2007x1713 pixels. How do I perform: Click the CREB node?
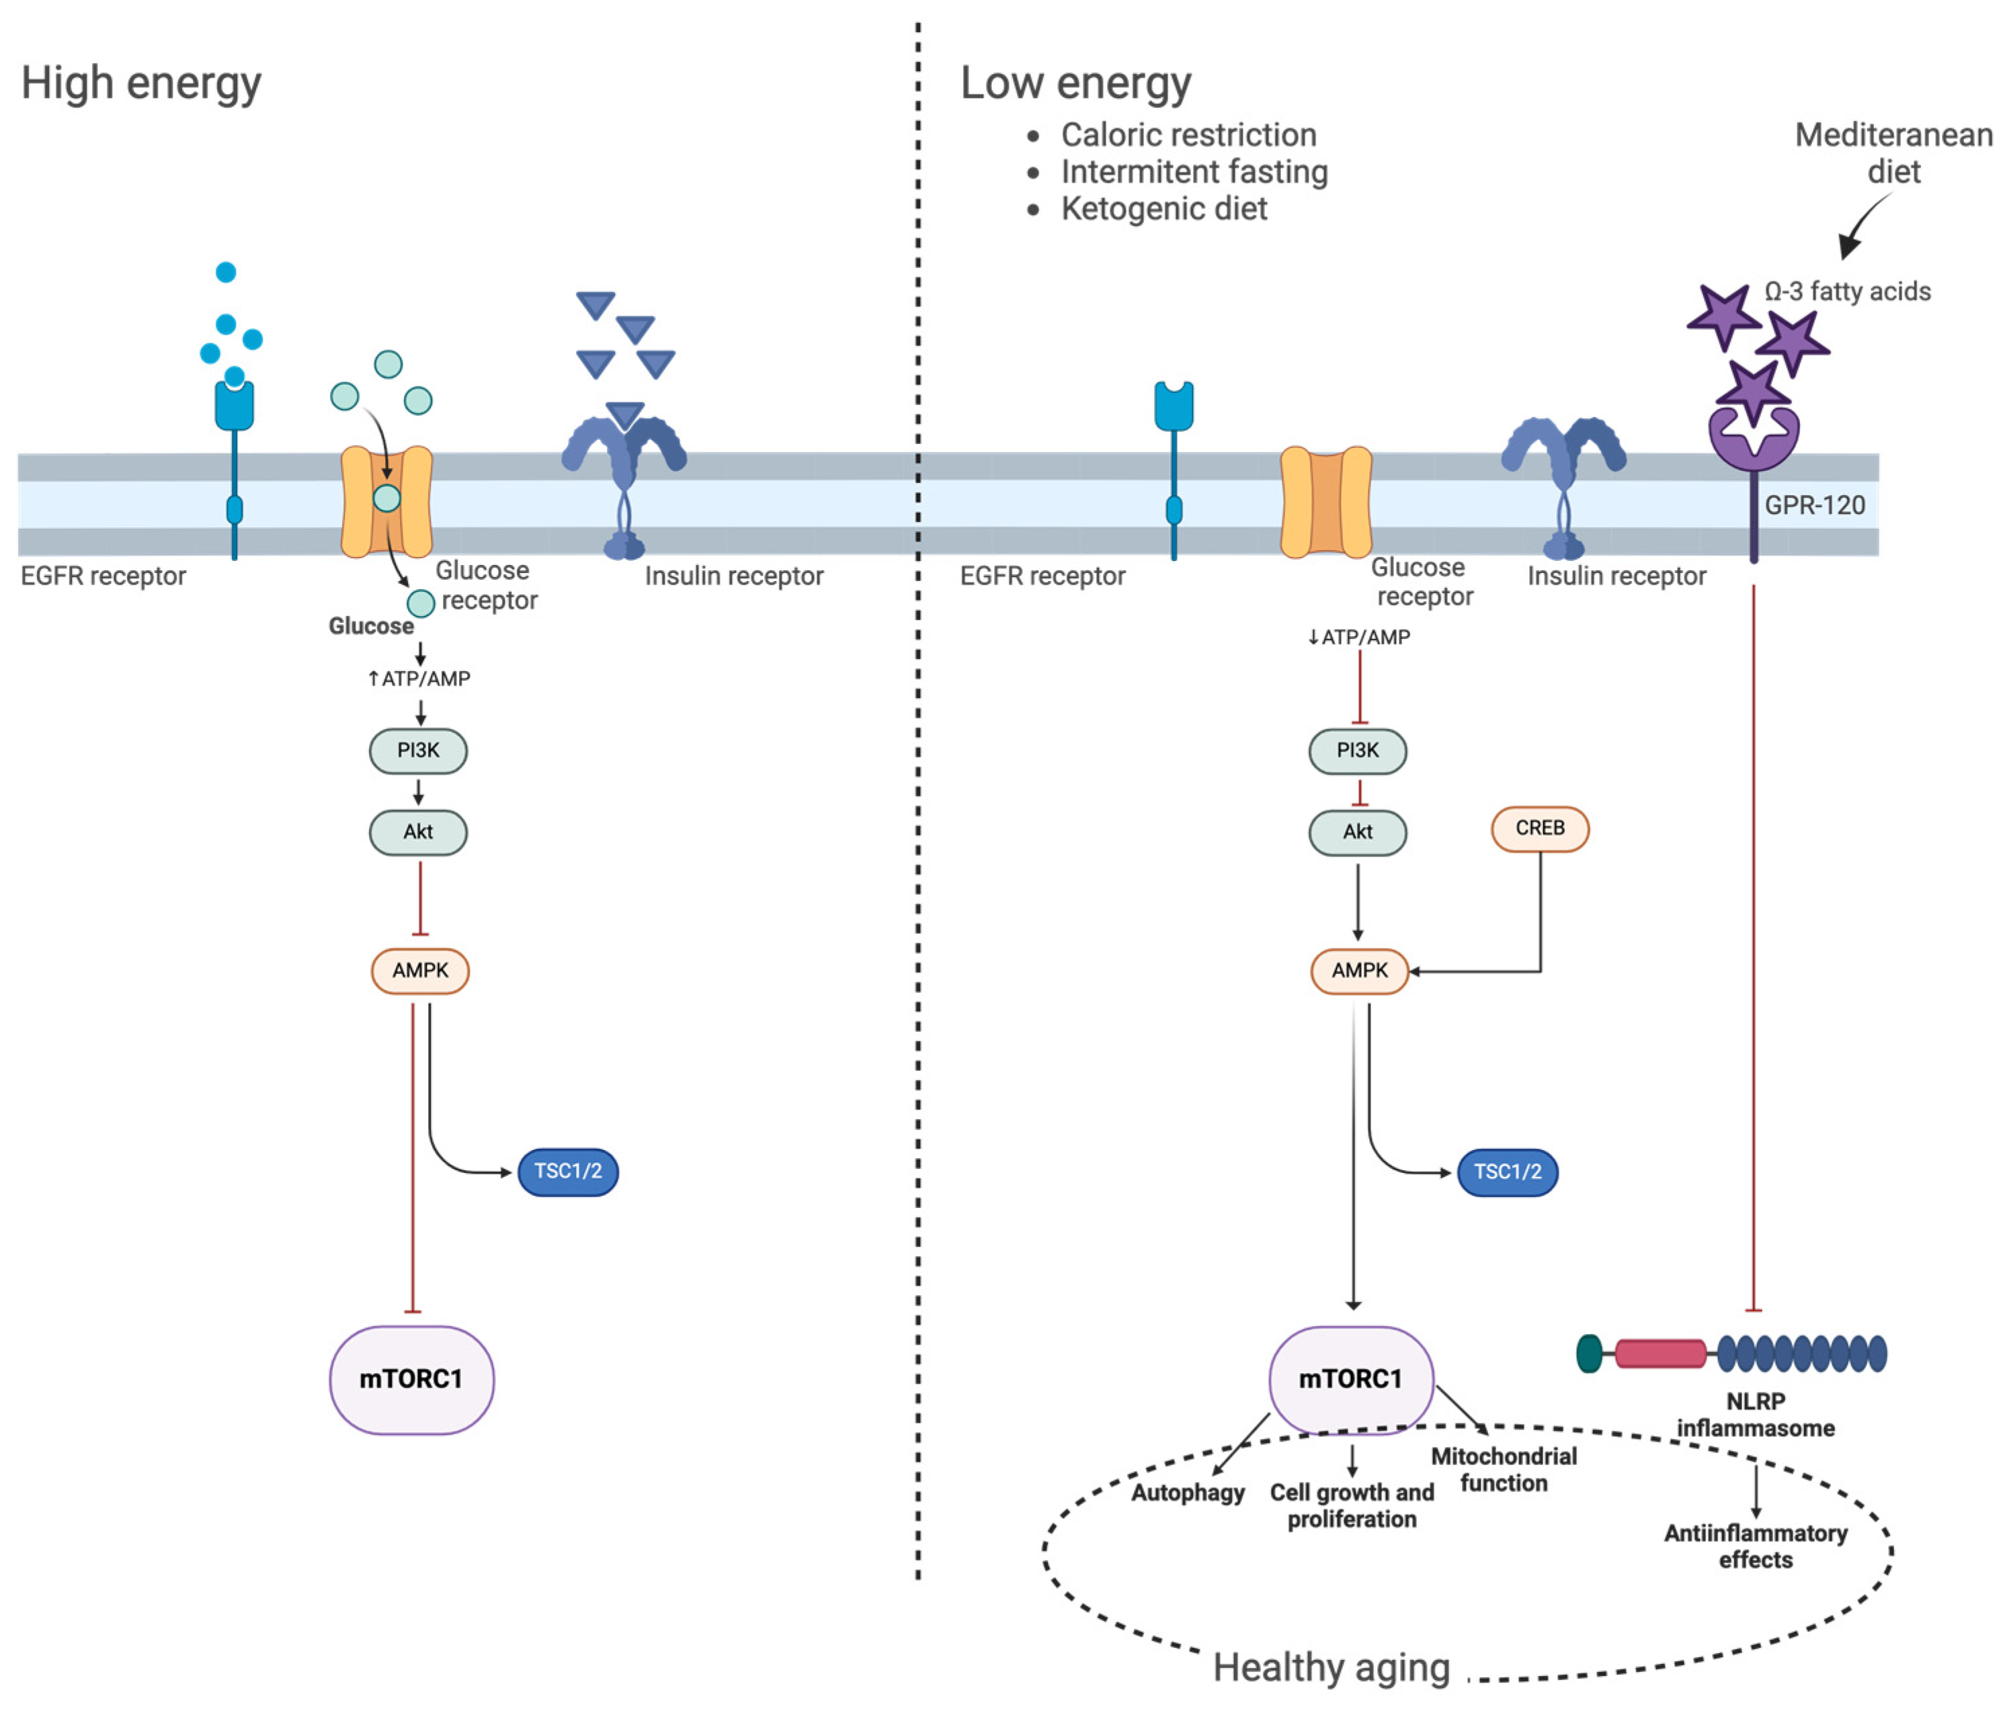1539,829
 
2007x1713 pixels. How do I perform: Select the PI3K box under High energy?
419,750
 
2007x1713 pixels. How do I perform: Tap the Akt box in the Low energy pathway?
1357,832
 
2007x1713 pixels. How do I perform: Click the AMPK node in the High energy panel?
420,970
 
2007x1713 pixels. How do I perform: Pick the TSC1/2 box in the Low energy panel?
1507,1172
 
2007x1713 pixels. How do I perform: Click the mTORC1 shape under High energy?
411,1379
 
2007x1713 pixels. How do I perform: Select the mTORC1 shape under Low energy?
1351,1379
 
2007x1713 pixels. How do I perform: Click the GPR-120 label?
1814,505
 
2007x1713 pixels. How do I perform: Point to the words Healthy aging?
1332,1667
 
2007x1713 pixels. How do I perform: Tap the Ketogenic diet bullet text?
1163,208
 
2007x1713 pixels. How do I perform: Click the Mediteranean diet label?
1893,153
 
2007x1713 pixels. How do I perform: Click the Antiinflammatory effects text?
1755,1546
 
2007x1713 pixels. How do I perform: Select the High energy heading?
141,83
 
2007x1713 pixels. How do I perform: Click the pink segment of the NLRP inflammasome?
1660,1353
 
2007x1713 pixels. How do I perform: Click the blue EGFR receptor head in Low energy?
1173,405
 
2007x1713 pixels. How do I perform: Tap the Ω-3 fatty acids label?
1847,292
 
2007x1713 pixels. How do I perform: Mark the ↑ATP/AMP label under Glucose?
419,678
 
